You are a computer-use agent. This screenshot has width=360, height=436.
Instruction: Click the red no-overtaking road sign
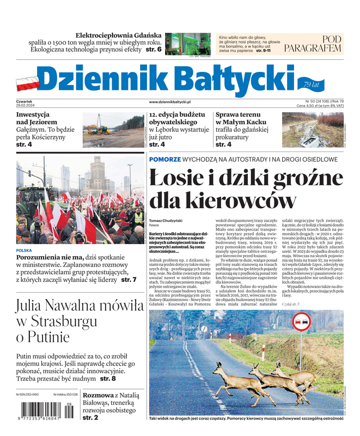coord(300,323)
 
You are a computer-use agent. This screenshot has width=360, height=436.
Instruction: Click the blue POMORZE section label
coord(166,159)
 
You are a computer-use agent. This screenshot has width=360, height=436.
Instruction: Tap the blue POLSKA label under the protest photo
coord(25,250)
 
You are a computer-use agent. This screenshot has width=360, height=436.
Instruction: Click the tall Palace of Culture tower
coord(100,174)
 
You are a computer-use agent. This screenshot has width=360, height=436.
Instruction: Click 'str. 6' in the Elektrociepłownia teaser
coord(152,50)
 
